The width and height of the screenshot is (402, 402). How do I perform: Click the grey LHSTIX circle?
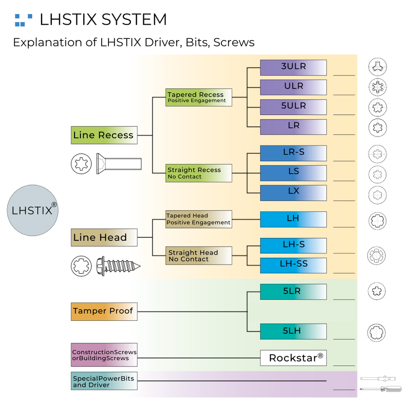tap(32, 210)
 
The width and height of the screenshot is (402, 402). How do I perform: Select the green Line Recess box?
tap(104, 135)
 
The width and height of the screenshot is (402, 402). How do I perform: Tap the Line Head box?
tap(104, 237)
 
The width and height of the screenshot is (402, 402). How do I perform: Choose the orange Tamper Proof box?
tap(104, 311)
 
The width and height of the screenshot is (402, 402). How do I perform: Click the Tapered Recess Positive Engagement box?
tap(198, 97)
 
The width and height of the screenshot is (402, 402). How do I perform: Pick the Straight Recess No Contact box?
tap(198, 173)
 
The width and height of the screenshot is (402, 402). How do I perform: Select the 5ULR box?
tap(293, 107)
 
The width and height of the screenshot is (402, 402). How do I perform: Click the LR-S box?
tap(293, 153)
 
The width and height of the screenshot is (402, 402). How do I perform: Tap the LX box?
tap(293, 193)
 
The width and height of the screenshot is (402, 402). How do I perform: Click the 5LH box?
tap(293, 331)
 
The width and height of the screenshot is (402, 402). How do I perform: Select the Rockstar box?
tap(293, 358)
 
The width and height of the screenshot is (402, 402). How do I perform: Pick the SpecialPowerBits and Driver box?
tap(104, 381)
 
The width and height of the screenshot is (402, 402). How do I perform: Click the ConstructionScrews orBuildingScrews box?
tap(104, 355)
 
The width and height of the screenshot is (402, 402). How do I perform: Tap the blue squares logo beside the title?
tap(23, 20)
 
